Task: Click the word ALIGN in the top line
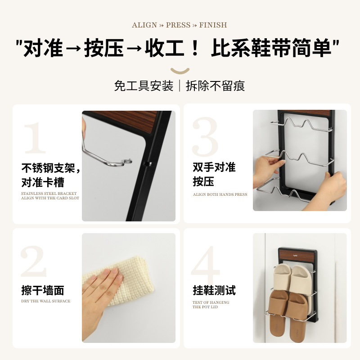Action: click(x=144, y=25)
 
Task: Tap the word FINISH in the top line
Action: click(x=213, y=25)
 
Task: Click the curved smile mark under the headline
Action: click(x=180, y=71)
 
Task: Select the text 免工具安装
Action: click(x=144, y=85)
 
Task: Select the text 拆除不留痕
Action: click(x=215, y=85)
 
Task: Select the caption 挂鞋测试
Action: click(x=214, y=290)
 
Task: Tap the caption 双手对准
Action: click(x=214, y=167)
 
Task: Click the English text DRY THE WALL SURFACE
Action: click(x=45, y=301)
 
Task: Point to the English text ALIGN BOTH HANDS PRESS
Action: click(x=220, y=194)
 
